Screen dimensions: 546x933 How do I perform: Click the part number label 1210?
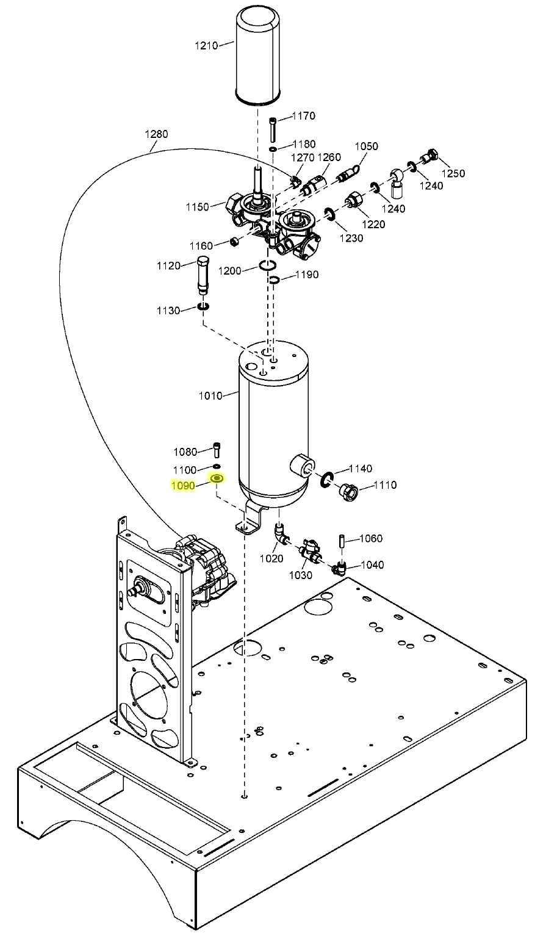point(207,45)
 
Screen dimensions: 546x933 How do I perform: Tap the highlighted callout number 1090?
point(183,486)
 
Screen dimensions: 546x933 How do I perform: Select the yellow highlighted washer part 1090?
point(217,479)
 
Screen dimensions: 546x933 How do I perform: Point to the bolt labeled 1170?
point(273,129)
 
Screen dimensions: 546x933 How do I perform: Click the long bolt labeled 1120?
point(202,276)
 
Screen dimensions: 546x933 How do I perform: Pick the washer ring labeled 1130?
point(203,308)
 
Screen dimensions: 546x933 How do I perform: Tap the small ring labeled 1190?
point(274,279)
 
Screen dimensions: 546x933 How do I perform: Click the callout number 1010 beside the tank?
point(210,395)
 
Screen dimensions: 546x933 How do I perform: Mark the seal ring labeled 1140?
point(326,480)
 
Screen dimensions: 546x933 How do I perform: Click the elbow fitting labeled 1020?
point(280,535)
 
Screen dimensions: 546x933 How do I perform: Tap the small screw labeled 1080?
point(217,450)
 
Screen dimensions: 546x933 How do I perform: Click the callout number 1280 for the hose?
point(156,134)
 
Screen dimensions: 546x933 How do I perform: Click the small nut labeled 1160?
point(234,242)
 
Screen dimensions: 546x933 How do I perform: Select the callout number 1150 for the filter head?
point(198,207)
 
